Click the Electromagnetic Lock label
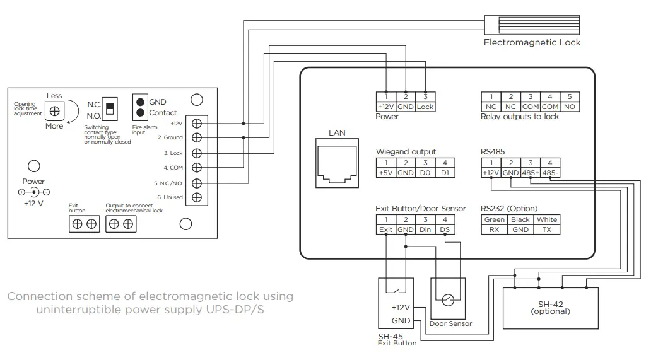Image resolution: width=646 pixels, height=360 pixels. (x=532, y=42)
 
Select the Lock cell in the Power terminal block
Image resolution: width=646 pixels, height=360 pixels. (x=425, y=107)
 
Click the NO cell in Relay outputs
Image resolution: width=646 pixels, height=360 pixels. (x=570, y=107)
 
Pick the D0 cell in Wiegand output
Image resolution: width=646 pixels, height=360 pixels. (x=425, y=173)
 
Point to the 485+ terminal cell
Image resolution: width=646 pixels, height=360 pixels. (x=531, y=173)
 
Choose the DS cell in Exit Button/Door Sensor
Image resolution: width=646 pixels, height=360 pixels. (x=445, y=230)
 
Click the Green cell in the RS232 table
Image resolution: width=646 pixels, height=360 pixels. (x=494, y=219)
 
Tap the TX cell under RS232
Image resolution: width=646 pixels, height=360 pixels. (x=546, y=230)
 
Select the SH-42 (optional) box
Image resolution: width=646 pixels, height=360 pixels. (x=550, y=308)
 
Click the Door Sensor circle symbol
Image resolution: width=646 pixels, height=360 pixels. (x=448, y=301)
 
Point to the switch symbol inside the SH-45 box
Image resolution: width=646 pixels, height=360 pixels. (x=395, y=290)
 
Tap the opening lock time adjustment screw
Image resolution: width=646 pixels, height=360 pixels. (x=55, y=110)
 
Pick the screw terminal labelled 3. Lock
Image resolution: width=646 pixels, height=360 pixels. (x=197, y=153)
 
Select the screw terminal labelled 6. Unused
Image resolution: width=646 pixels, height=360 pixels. (x=197, y=197)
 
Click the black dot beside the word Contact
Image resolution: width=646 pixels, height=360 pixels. (x=141, y=113)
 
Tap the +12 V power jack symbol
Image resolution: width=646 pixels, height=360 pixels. (x=33, y=192)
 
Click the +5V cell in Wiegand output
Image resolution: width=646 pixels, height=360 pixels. (x=385, y=173)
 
